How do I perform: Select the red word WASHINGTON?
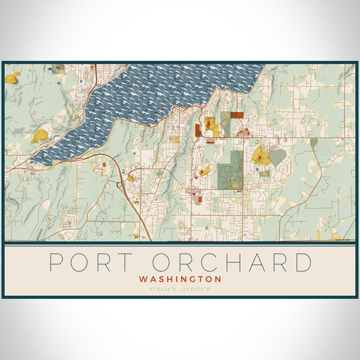(180, 279)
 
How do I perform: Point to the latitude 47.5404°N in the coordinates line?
(163, 289)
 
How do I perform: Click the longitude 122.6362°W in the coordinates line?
(197, 289)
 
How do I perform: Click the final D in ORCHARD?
(304, 263)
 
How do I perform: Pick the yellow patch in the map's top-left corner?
(12, 77)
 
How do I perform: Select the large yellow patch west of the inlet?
(40, 134)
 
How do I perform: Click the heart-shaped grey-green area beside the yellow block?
(277, 157)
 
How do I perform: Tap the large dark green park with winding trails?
(231, 168)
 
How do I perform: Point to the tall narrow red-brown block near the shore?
(197, 129)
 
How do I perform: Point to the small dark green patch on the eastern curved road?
(313, 142)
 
